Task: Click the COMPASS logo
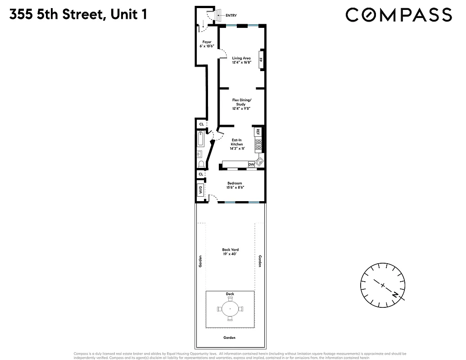[398, 15]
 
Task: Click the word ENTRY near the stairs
[231, 15]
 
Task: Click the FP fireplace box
[260, 60]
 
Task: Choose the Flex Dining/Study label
[241, 103]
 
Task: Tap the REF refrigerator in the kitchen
[258, 132]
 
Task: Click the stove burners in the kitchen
[258, 145]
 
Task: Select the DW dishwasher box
[251, 165]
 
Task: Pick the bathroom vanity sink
[199, 153]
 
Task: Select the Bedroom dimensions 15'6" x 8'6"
[235, 188]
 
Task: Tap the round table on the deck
[230, 309]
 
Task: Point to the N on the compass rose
[395, 295]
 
